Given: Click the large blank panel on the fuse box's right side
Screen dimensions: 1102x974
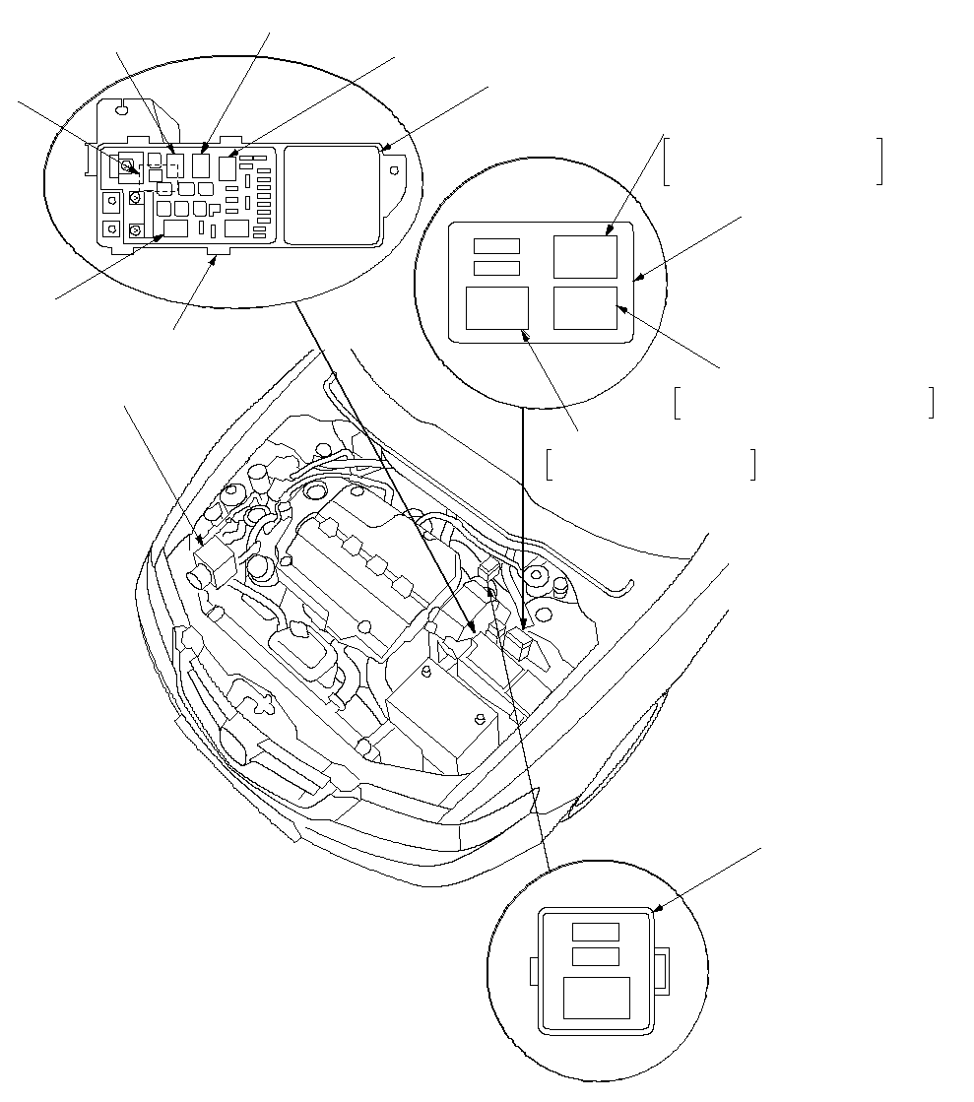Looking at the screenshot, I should click(x=333, y=194).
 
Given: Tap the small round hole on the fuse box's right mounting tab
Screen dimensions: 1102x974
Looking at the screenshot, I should click(x=395, y=169).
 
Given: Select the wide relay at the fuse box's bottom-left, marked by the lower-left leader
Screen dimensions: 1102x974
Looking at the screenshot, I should click(x=175, y=229).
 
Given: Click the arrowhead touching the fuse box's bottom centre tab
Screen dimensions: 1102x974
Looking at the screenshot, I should click(x=214, y=258).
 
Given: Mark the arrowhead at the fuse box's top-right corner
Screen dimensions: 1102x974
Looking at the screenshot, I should click(x=387, y=150).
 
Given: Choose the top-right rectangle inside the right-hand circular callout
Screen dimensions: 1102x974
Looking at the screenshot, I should click(x=585, y=256).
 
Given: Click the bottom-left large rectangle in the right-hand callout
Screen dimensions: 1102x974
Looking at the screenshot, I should click(x=496, y=307).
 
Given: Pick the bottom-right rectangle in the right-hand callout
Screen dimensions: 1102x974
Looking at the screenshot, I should click(x=585, y=307).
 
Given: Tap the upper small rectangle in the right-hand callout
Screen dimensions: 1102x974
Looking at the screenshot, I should click(x=496, y=245).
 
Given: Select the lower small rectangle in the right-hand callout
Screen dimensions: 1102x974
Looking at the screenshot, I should click(x=496, y=268).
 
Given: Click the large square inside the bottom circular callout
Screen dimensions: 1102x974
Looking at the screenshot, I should click(x=596, y=998).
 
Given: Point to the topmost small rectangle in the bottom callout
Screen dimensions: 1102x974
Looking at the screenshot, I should click(x=596, y=932).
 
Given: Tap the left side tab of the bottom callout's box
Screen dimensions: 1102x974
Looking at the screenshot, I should click(x=535, y=972).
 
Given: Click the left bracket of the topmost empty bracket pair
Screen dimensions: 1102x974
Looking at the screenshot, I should click(x=667, y=162).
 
